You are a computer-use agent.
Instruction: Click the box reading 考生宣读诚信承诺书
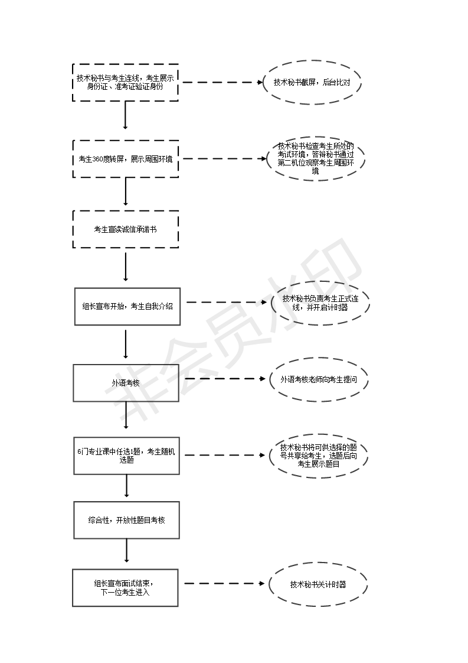click(125, 229)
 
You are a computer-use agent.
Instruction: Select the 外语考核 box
click(126, 383)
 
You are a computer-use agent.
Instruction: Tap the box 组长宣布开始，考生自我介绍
click(127, 306)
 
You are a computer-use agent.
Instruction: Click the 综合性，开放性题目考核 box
click(126, 520)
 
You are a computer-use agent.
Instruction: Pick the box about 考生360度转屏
click(125, 158)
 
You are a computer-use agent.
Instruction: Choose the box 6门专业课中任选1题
click(126, 455)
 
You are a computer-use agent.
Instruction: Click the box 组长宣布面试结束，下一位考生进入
click(125, 587)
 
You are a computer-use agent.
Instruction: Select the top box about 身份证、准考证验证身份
click(125, 83)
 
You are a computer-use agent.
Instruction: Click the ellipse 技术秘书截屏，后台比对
click(312, 83)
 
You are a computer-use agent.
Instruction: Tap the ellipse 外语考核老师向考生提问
click(319, 380)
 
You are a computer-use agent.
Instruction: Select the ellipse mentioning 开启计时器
click(320, 303)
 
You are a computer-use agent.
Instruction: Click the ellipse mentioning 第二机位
click(315, 158)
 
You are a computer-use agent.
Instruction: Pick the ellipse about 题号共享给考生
click(319, 456)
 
